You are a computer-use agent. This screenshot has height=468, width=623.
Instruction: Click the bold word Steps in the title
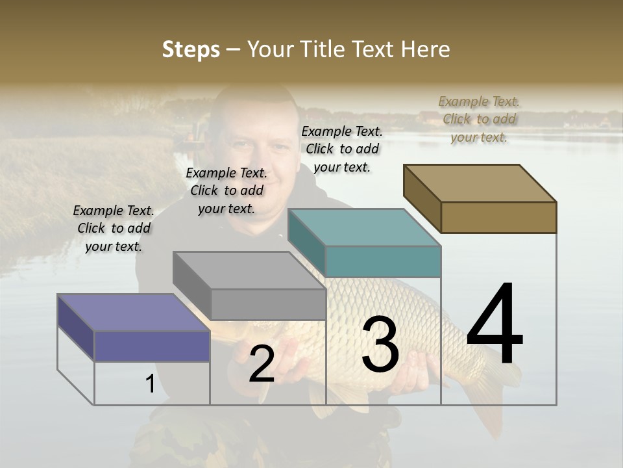point(191,49)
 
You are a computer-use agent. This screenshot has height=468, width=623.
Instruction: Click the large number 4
point(495,325)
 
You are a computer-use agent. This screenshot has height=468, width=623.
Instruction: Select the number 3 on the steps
point(380,344)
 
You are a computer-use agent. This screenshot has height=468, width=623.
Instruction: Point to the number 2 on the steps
point(262,364)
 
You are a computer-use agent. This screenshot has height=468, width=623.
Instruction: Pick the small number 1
point(150,384)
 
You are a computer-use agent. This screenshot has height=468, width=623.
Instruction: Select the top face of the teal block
point(364,227)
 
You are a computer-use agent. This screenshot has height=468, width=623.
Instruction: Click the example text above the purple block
point(114,228)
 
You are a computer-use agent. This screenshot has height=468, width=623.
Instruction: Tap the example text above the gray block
point(226,190)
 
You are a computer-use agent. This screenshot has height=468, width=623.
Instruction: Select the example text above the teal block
point(342,149)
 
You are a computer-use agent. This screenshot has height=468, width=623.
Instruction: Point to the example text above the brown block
point(479,119)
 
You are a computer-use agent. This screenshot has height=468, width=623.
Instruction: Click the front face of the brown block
point(498,217)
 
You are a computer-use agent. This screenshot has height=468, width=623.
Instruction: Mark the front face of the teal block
point(383,262)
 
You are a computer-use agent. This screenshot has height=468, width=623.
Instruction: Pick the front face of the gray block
point(268,304)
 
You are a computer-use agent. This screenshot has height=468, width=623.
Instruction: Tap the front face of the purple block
point(152,346)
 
